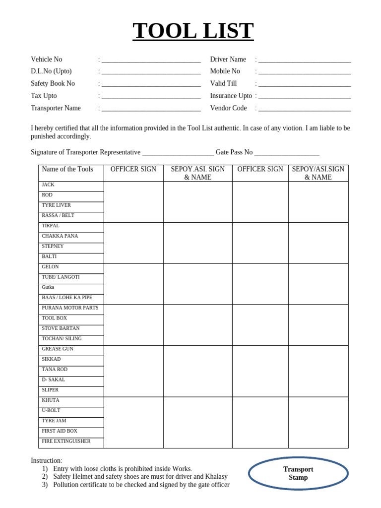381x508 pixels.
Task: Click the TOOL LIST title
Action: pyautogui.click(x=193, y=31)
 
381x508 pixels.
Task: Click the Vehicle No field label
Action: pyautogui.click(x=47, y=60)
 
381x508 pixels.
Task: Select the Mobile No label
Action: pyautogui.click(x=225, y=71)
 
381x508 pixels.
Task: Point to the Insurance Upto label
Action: pyautogui.click(x=231, y=96)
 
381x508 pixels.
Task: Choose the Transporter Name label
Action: pyautogui.click(x=56, y=108)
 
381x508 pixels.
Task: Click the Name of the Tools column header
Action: pyautogui.click(x=67, y=170)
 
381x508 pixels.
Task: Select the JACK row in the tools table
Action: pyautogui.click(x=48, y=185)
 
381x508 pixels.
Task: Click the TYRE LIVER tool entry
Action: pyautogui.click(x=56, y=205)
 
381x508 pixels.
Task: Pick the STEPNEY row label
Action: pyautogui.click(x=53, y=247)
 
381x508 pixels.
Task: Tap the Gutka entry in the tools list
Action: pyautogui.click(x=48, y=287)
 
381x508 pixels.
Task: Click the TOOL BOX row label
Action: pyautogui.click(x=54, y=318)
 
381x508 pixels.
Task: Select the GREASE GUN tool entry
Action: pyautogui.click(x=58, y=349)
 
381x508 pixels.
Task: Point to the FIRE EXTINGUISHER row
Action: pyautogui.click(x=66, y=441)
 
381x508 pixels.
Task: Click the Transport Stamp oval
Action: pyautogui.click(x=298, y=473)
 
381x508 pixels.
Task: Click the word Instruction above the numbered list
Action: pyautogui.click(x=46, y=461)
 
